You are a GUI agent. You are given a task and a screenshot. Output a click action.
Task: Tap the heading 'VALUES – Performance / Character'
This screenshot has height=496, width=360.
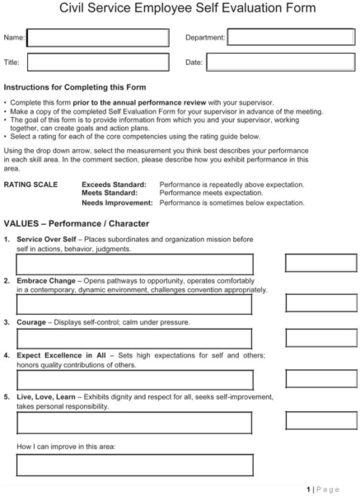77,223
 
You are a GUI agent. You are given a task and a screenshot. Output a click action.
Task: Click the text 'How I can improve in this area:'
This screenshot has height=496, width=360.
66,447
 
